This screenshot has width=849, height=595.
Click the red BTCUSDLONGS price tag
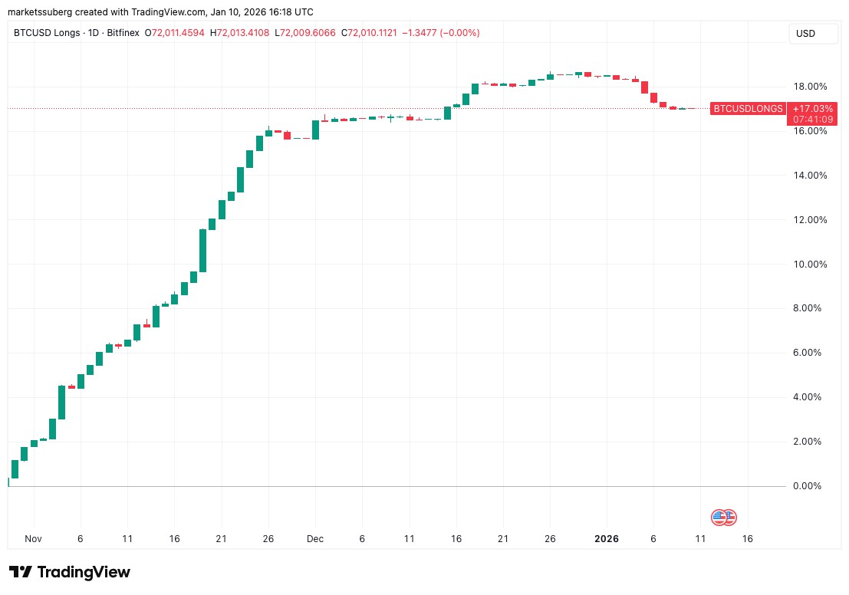tap(748, 109)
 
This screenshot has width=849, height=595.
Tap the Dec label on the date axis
tap(316, 539)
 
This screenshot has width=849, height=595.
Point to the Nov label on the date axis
tap(32, 539)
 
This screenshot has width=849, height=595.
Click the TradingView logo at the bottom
tap(70, 572)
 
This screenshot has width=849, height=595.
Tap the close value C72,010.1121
tap(376, 33)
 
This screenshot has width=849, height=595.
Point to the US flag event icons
tap(723, 518)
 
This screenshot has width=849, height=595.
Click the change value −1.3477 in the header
tap(429, 33)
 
